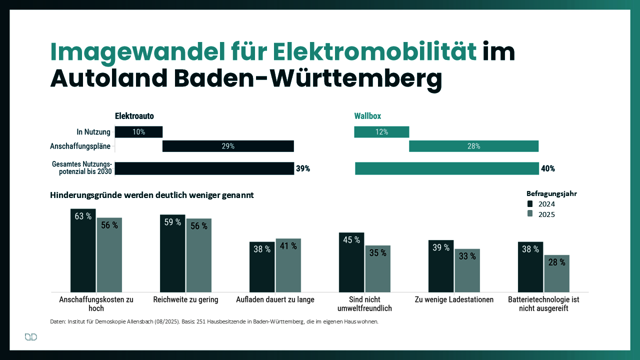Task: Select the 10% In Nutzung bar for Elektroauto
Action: point(138,132)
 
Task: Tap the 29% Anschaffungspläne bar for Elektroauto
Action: point(228,146)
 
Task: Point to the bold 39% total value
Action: point(303,168)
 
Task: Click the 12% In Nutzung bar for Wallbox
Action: point(381,132)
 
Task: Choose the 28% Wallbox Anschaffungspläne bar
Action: point(473,146)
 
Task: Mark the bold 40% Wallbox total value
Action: point(548,168)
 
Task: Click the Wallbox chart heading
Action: point(367,116)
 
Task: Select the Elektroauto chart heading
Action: point(134,116)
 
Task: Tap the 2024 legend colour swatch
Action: point(530,204)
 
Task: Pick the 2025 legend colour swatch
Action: point(530,214)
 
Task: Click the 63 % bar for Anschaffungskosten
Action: point(83,250)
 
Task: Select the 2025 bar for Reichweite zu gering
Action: point(199,255)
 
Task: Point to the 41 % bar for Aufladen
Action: point(288,265)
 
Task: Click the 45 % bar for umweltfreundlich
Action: point(351,262)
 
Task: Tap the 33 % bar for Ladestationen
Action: point(467,270)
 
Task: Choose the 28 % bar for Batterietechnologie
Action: point(556,273)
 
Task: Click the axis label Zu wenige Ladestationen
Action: point(454,299)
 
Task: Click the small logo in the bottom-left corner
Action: point(31,337)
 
